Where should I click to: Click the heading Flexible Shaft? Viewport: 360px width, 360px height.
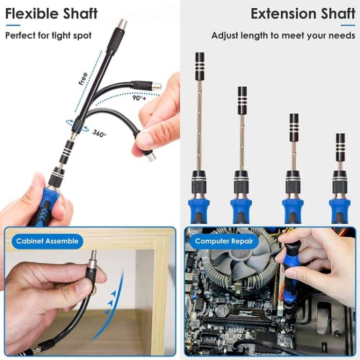(x=51, y=13)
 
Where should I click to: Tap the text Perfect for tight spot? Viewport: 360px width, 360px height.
(x=48, y=35)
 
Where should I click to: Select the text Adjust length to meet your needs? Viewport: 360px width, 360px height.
(x=283, y=35)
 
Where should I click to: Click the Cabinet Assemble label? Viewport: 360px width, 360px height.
(x=47, y=241)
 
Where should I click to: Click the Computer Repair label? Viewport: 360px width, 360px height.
(x=224, y=241)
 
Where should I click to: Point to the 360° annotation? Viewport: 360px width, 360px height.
(x=99, y=133)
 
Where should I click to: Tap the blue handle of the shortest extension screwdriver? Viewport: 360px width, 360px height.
(x=339, y=208)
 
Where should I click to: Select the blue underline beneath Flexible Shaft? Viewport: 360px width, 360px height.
(x=13, y=25)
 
